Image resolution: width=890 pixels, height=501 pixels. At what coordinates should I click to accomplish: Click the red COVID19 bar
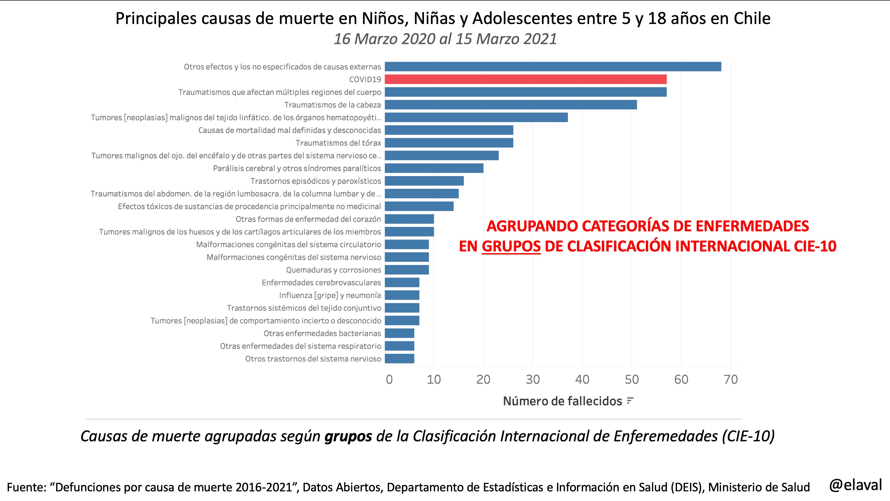point(525,79)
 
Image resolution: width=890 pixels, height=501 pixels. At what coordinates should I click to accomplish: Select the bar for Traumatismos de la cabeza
point(511,105)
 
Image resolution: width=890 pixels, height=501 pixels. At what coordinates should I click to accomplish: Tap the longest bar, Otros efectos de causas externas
point(553,67)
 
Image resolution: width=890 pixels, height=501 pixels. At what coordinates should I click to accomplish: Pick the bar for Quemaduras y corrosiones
point(407,270)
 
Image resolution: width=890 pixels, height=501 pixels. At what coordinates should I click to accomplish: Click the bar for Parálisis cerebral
point(434,168)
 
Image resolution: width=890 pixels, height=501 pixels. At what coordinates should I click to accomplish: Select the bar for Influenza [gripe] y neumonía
point(402,295)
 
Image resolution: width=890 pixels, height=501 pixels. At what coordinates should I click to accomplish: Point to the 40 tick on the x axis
point(582,380)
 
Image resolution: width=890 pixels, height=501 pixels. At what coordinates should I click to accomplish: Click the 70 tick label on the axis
point(731,380)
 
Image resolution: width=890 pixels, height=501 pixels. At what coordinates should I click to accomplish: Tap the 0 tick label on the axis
point(389,380)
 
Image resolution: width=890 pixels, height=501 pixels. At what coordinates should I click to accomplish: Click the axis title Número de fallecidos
point(562,401)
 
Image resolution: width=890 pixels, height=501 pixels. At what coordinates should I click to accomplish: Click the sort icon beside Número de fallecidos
point(630,401)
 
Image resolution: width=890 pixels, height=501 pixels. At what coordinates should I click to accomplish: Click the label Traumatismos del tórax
point(338,143)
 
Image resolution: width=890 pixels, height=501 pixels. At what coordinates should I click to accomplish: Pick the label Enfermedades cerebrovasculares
point(321,283)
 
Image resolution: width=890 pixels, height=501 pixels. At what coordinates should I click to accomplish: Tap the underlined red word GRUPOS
point(511,246)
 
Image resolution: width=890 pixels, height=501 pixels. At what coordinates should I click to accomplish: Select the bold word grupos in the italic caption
point(348,436)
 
